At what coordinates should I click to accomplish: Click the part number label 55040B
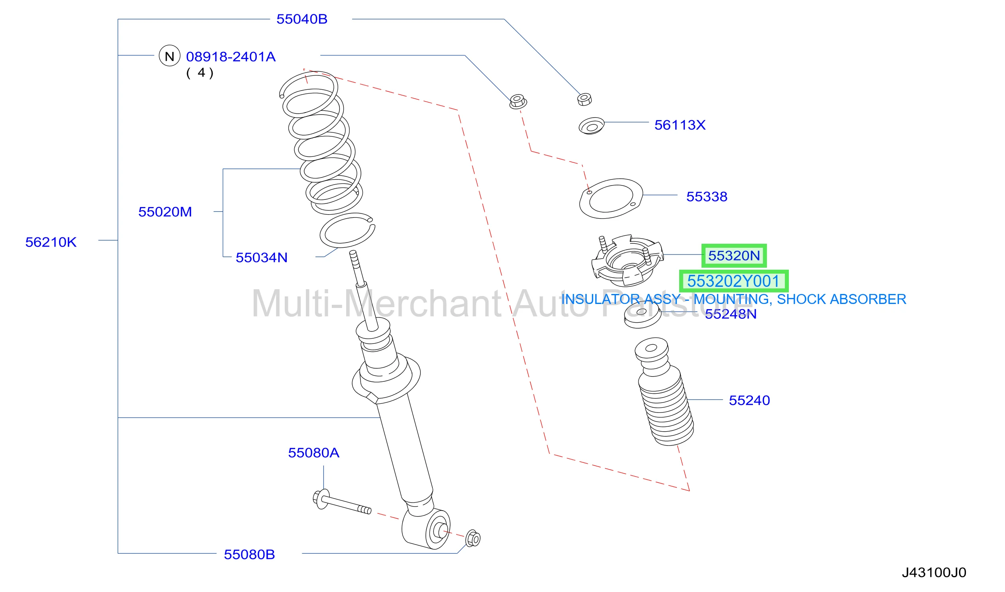(x=302, y=19)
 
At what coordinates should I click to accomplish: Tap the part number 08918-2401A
(x=231, y=57)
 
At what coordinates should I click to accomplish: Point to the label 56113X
(x=680, y=125)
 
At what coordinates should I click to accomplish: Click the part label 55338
(x=707, y=196)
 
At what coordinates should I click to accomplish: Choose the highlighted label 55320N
(x=734, y=256)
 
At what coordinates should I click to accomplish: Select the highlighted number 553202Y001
(x=734, y=281)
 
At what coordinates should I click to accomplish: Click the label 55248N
(x=731, y=314)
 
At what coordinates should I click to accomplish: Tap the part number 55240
(x=749, y=400)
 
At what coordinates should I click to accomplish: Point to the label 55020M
(x=165, y=211)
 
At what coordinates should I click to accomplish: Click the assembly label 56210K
(x=51, y=242)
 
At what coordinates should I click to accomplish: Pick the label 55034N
(x=262, y=257)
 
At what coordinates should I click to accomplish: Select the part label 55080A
(x=313, y=452)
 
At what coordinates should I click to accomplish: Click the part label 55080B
(x=249, y=554)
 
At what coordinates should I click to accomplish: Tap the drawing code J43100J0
(x=934, y=572)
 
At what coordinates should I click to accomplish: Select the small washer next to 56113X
(x=592, y=126)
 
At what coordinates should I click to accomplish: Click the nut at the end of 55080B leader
(x=473, y=538)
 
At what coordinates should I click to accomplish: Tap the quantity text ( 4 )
(x=200, y=73)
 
